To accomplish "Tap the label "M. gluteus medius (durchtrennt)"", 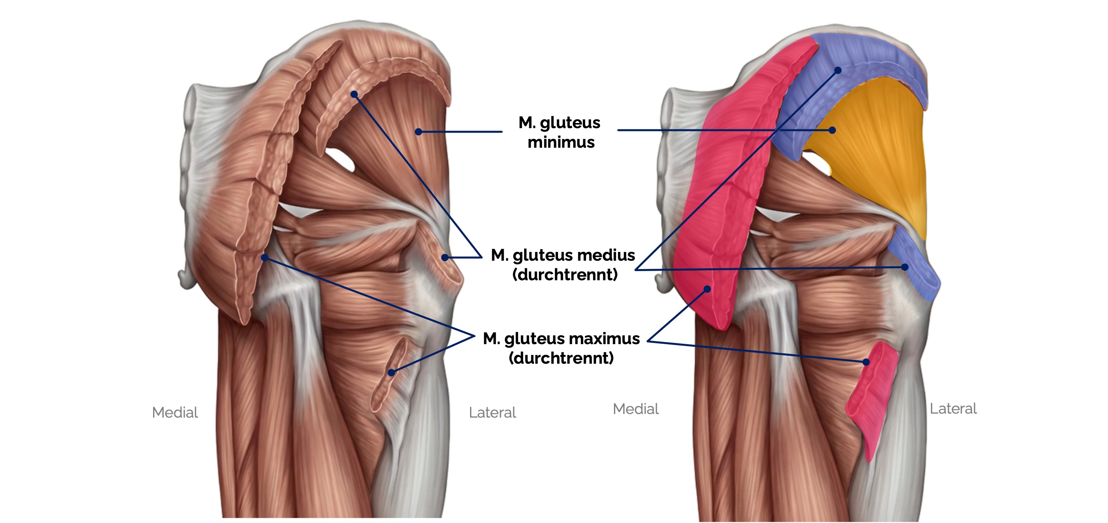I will (x=563, y=264).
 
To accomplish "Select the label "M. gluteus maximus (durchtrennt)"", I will (x=561, y=348).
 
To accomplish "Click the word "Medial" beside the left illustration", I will (x=175, y=412).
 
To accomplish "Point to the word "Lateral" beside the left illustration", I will (x=492, y=412).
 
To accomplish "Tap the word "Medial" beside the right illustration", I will (x=635, y=409).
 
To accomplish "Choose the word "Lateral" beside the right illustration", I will (x=953, y=409).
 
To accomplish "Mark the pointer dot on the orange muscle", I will (x=832, y=130).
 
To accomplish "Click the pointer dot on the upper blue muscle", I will (x=838, y=70).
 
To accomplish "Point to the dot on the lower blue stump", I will (x=905, y=267).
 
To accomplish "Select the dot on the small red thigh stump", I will (x=866, y=362).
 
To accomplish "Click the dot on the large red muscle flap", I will (x=707, y=289).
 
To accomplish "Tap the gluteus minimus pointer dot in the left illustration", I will (x=418, y=131).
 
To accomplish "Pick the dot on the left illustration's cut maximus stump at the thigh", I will (x=391, y=372).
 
